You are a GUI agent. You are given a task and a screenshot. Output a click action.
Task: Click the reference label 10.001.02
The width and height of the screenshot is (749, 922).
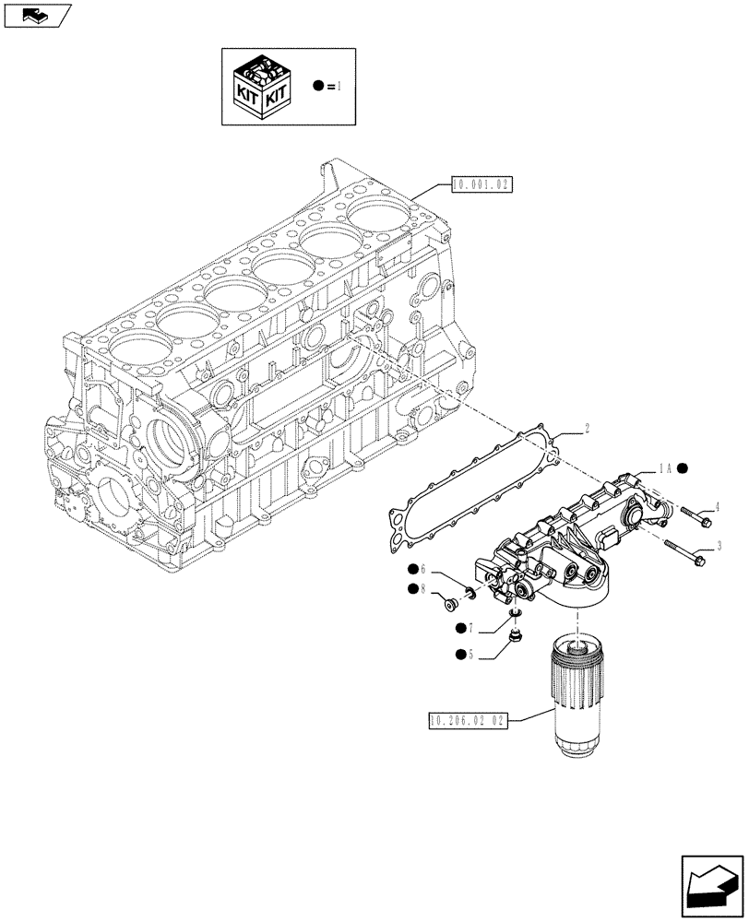click(x=481, y=184)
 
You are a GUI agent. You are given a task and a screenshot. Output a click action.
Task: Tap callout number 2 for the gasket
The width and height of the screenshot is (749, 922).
click(x=586, y=428)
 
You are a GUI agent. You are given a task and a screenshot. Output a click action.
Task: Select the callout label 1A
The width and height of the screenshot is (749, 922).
click(x=664, y=468)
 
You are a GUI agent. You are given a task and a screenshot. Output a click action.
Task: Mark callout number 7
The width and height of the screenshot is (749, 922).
click(x=471, y=628)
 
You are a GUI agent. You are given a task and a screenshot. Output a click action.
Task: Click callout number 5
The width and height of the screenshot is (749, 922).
click(x=471, y=655)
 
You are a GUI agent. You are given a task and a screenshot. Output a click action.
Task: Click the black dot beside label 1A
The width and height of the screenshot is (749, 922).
click(x=684, y=468)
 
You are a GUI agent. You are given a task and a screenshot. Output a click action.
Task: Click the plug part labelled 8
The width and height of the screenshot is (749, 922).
click(x=451, y=604)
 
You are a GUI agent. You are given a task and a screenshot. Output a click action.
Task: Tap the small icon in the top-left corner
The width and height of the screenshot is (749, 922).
click(x=36, y=15)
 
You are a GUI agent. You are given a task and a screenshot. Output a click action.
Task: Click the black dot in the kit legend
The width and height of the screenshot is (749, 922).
click(x=318, y=86)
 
